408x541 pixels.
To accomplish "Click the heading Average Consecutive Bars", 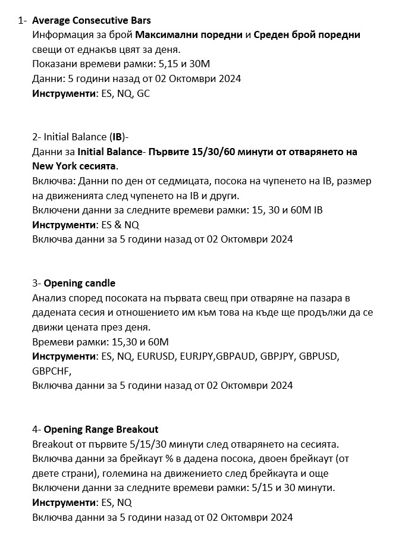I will click(91, 21).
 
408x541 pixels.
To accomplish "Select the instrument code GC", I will click(143, 93).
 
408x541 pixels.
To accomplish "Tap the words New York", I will click(54, 166).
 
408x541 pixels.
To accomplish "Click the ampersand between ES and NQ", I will click(115, 225).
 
